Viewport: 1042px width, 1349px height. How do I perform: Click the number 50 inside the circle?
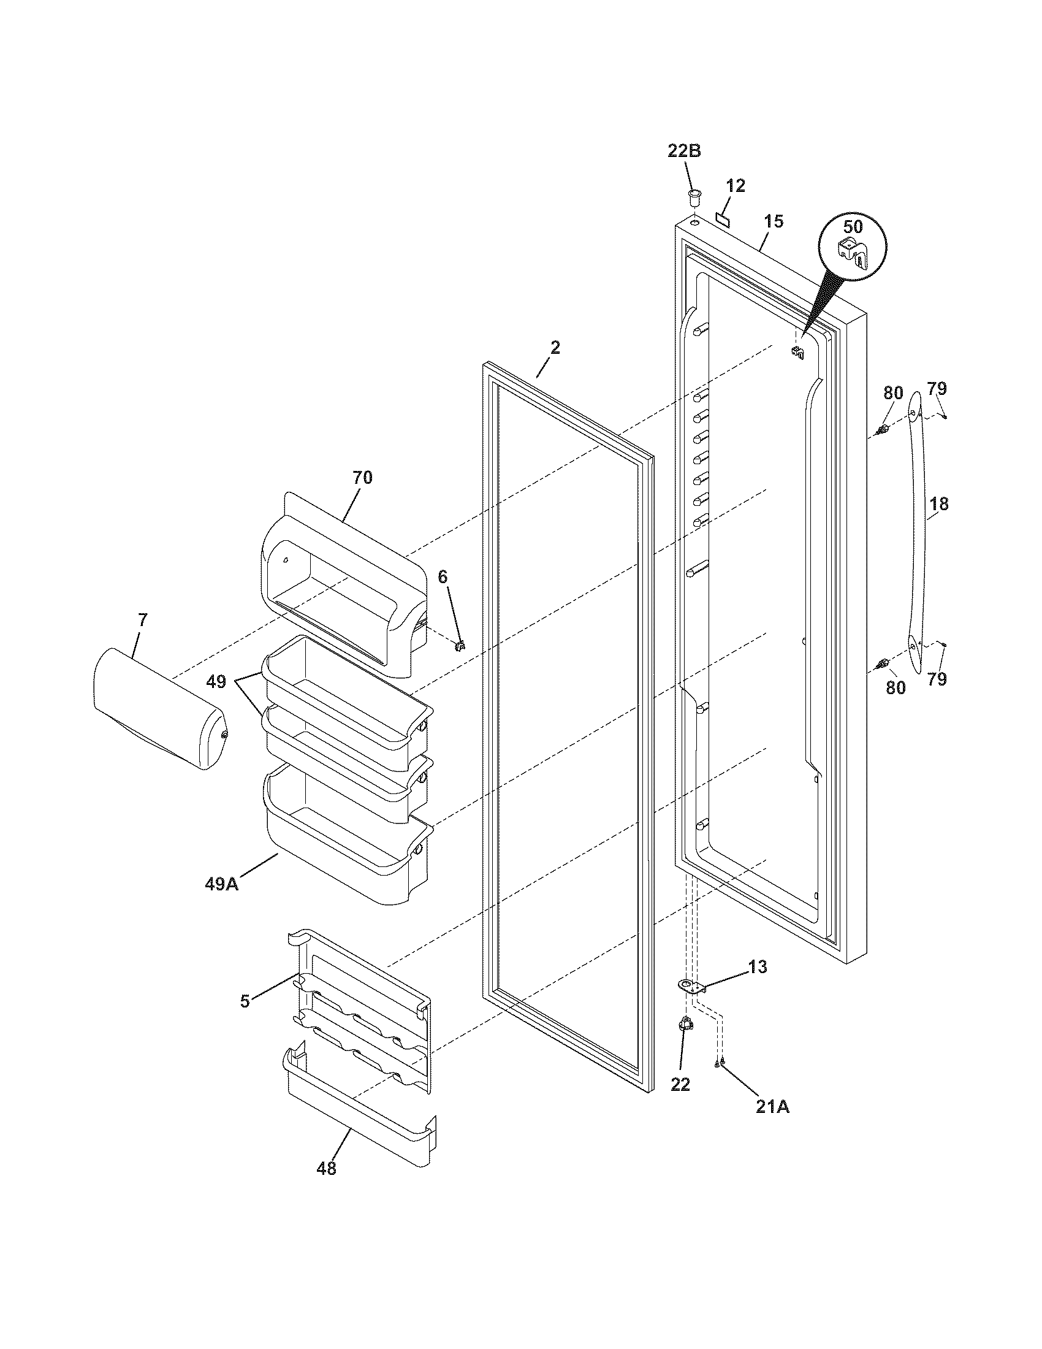(x=853, y=227)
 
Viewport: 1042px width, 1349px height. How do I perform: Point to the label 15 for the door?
(x=773, y=221)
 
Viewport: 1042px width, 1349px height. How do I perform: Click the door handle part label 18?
(x=939, y=504)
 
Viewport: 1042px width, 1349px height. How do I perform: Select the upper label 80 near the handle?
(x=893, y=393)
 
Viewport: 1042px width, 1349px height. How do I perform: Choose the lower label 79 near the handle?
(x=937, y=679)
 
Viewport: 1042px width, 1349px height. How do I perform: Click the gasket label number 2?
(x=555, y=348)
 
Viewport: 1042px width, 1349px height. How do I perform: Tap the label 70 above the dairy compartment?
(x=362, y=478)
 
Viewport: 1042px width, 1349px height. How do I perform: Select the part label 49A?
(x=222, y=884)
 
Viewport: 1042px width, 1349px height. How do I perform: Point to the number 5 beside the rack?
(x=245, y=1001)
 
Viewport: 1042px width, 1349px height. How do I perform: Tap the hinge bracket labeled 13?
(x=691, y=986)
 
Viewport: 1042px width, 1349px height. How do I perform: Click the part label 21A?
(x=772, y=1108)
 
